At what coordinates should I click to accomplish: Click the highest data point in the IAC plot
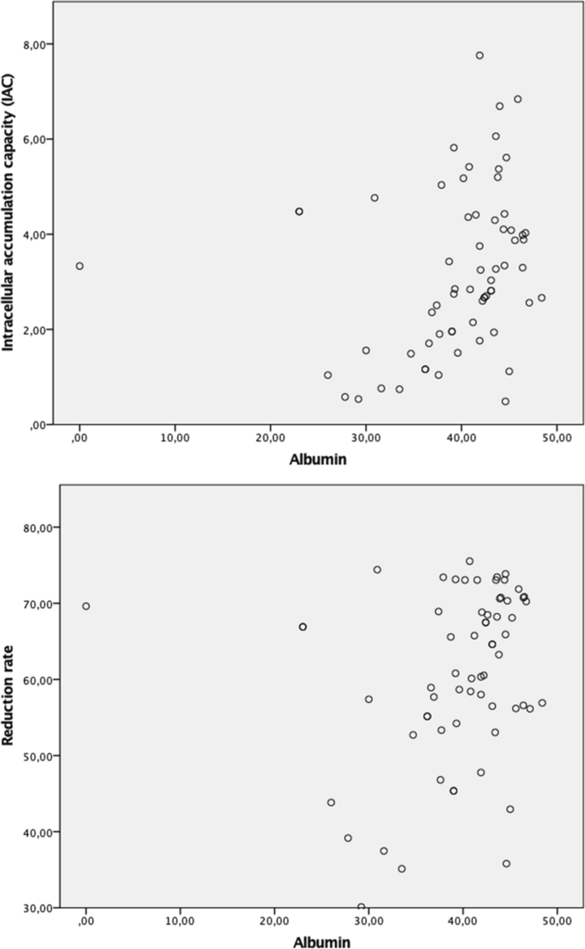(x=479, y=55)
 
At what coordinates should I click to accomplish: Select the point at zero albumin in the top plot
(x=79, y=266)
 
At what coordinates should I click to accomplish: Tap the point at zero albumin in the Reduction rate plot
(x=86, y=606)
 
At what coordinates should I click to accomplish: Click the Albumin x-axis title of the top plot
(x=318, y=459)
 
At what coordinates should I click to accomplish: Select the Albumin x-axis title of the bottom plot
(x=322, y=942)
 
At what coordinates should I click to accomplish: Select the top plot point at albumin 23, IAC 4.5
(x=299, y=211)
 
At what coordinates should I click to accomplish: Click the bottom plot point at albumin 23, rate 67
(x=302, y=626)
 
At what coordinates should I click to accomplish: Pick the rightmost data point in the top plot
(x=541, y=298)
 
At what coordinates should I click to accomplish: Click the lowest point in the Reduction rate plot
(x=361, y=907)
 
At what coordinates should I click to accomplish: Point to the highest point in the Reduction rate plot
(x=469, y=561)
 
